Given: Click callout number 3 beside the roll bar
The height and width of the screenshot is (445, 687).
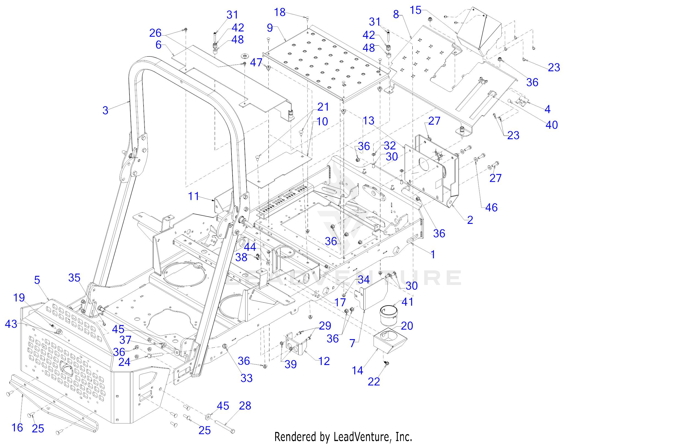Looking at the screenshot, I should pos(105,110).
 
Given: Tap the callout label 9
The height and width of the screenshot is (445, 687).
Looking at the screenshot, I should pos(270,28).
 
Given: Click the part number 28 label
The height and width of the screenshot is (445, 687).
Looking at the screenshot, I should pos(245,406).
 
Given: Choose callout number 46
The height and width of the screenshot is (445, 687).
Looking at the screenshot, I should pos(492,207).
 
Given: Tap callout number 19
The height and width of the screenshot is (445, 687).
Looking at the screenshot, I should pos(19,297).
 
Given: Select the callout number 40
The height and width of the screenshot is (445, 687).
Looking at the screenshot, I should pos(552,125).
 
